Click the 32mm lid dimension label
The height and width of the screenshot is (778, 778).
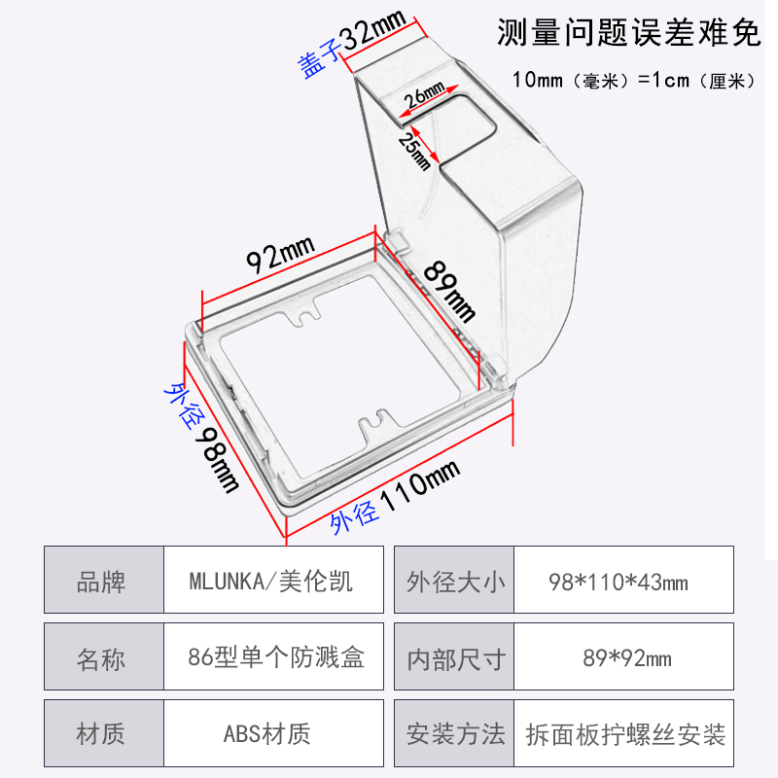coord(372,36)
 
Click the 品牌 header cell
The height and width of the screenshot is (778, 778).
coord(101,582)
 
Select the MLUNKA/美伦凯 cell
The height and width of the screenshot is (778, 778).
coord(272,582)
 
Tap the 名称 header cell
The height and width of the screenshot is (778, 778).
coord(101,657)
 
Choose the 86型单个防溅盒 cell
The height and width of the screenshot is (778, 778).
coord(276,657)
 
